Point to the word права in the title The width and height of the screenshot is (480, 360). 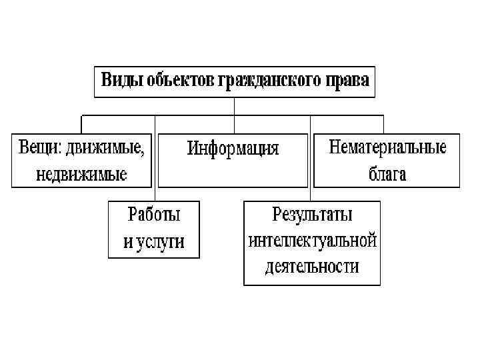pyautogui.click(x=345, y=81)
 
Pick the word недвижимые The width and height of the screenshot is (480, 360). pyautogui.click(x=82, y=174)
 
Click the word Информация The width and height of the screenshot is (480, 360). pyautogui.click(x=233, y=147)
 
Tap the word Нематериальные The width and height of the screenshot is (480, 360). pyautogui.click(x=387, y=147)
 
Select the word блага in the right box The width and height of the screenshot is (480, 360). pyautogui.click(x=387, y=174)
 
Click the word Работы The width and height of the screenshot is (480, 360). pyautogui.click(x=154, y=215)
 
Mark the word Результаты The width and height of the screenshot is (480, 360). pyautogui.click(x=312, y=215)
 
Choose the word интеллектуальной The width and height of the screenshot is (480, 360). pyautogui.click(x=312, y=241)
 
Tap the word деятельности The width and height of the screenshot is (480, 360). pyautogui.click(x=312, y=267)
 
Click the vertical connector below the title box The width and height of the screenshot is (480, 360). pyautogui.click(x=234, y=107)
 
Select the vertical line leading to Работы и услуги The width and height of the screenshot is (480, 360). pyautogui.click(x=155, y=160)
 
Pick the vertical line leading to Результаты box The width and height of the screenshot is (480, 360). pyautogui.click(x=311, y=160)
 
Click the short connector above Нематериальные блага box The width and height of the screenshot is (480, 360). pyautogui.click(x=384, y=125)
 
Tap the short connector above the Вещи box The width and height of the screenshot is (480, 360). pyautogui.click(x=81, y=125)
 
